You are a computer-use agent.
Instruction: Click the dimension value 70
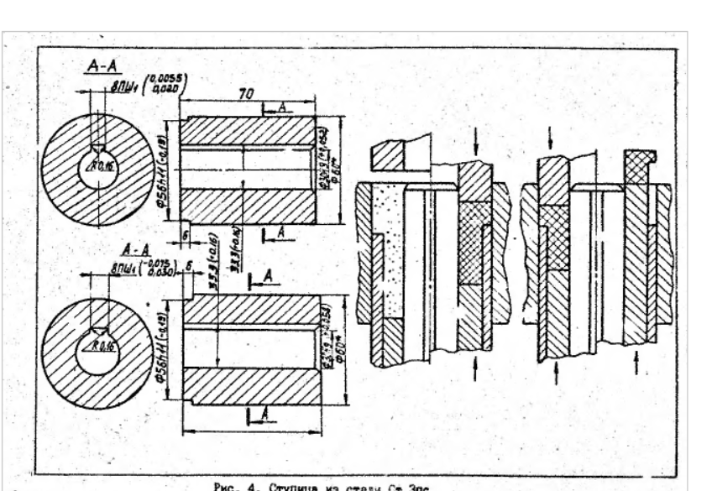pos(243,97)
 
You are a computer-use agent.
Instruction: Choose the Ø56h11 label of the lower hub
pos(167,352)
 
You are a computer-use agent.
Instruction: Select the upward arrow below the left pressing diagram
pos(477,368)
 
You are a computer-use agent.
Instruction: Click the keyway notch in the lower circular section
pos(101,329)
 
